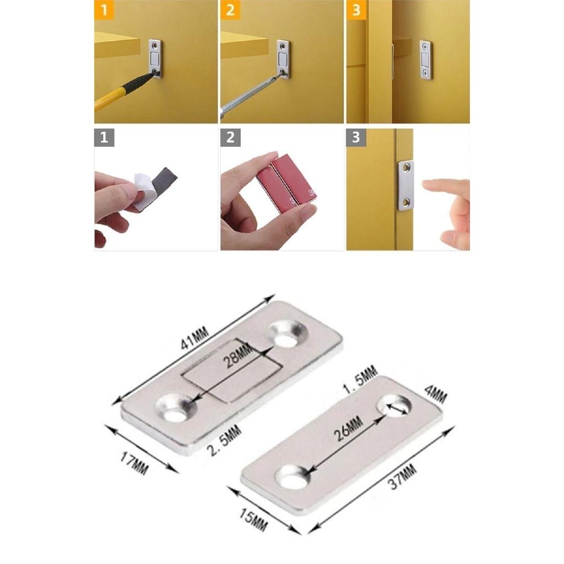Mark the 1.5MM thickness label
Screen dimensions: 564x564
pyautogui.click(x=358, y=379)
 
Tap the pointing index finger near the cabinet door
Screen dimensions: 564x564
pyautogui.click(x=445, y=187)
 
